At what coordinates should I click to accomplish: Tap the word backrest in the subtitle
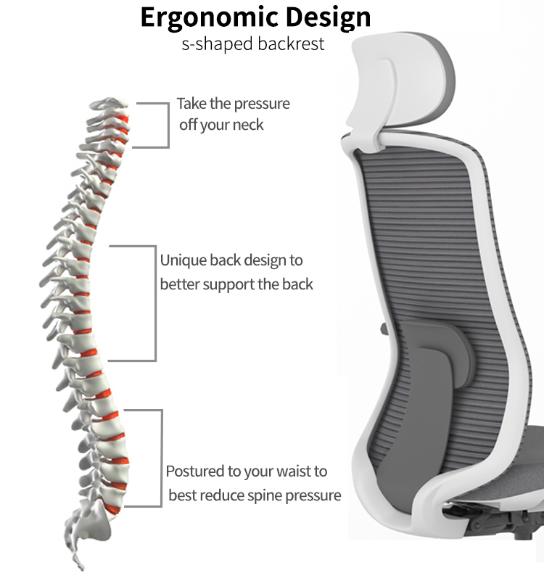[x=291, y=44]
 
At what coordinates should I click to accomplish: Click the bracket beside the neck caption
[x=168, y=125]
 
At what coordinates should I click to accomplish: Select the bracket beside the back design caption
[x=155, y=303]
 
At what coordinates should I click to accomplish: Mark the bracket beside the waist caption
[x=161, y=458]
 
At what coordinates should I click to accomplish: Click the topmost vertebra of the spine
[x=109, y=104]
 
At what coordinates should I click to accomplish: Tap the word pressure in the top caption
[x=262, y=104]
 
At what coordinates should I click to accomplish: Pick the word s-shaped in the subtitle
[x=218, y=44]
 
